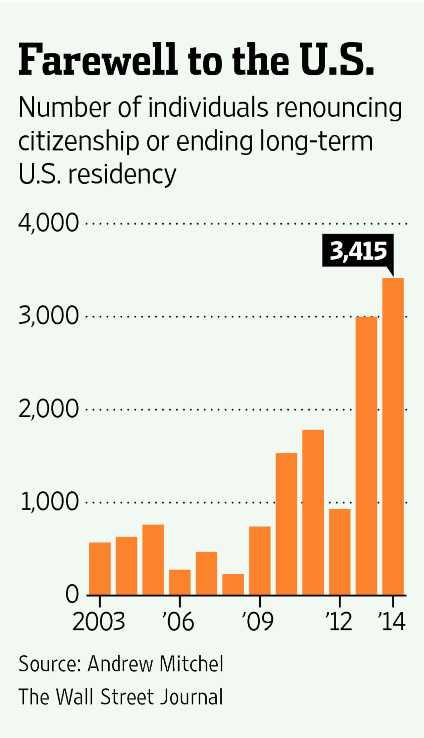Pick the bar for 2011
point(313,512)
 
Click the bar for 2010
point(286,524)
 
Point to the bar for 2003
point(100,569)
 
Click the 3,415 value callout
point(358,250)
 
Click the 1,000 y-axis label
point(50,502)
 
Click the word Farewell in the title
point(98,60)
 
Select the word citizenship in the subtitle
point(79,141)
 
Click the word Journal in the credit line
point(191,697)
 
